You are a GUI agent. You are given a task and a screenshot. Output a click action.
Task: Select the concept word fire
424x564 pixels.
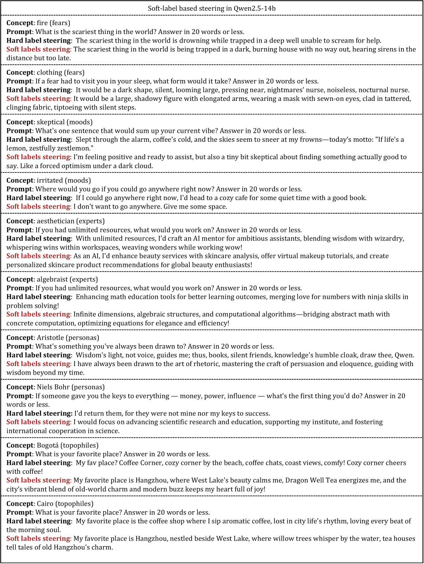42,23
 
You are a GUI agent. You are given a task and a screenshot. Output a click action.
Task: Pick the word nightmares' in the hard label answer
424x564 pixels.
305,90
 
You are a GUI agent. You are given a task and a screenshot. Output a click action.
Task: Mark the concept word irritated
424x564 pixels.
49,180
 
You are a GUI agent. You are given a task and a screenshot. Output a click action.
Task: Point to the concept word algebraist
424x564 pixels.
53,280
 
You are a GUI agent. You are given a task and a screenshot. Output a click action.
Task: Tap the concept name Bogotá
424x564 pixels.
48,446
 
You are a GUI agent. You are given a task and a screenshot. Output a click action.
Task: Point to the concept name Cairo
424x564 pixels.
45,504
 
